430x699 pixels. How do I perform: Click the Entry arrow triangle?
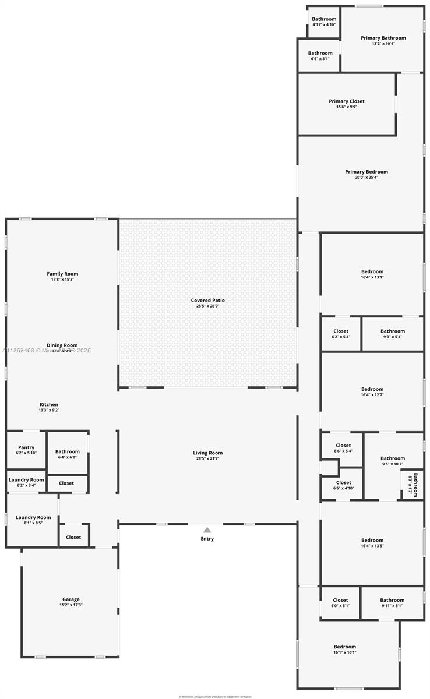point(207,530)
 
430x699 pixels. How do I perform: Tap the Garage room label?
point(71,599)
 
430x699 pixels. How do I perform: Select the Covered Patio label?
point(207,301)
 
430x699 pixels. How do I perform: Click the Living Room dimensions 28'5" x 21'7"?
point(207,459)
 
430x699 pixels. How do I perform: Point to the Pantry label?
point(26,448)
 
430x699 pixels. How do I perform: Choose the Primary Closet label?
point(347,101)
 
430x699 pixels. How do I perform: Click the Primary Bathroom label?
point(383,38)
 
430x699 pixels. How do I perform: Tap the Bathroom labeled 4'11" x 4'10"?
point(324,22)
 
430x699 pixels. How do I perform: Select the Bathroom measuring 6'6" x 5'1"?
point(320,56)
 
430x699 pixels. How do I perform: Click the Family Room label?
point(62,274)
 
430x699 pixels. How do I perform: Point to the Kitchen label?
point(49,405)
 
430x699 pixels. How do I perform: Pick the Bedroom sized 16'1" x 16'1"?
point(344,649)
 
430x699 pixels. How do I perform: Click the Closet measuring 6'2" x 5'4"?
point(341,334)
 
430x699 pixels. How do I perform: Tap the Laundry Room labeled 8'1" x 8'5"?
point(33,520)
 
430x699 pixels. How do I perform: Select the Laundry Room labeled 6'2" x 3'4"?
point(26,482)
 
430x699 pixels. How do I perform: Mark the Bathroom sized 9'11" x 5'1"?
point(392,603)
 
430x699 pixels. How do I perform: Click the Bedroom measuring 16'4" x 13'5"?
point(372,543)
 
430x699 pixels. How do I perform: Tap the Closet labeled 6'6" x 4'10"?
point(343,485)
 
